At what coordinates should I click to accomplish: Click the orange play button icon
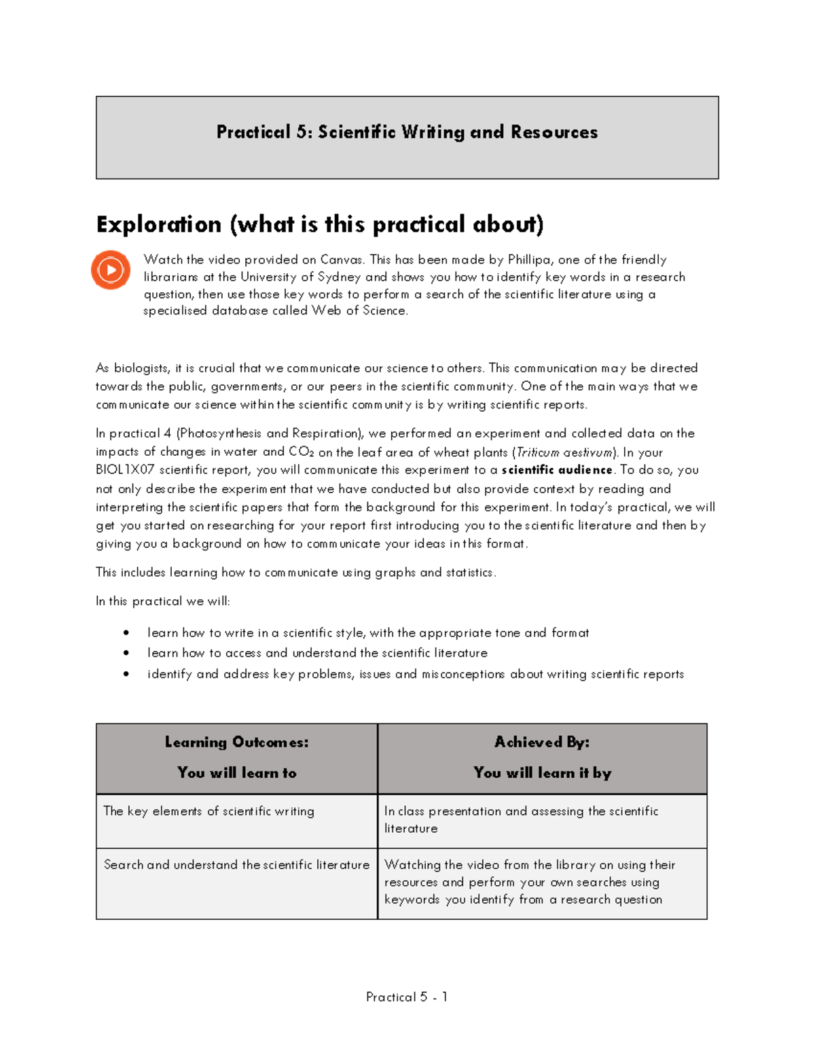click(111, 270)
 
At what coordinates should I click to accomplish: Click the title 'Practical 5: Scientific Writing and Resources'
click(407, 132)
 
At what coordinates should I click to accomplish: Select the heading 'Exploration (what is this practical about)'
click(320, 224)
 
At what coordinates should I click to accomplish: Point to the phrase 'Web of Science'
click(359, 310)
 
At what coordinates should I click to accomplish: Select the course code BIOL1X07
click(126, 470)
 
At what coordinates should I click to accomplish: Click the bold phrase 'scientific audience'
click(557, 470)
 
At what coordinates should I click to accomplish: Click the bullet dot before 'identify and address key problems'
click(126, 674)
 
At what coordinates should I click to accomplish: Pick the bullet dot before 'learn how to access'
click(126, 653)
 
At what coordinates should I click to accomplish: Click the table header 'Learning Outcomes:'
click(236, 742)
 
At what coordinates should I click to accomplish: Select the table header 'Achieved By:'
click(542, 742)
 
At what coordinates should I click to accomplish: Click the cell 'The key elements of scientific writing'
click(209, 811)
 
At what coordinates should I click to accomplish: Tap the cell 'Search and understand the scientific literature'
click(236, 865)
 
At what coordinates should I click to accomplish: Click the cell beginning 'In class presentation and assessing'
click(521, 819)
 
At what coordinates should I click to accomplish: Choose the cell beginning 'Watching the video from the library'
click(530, 882)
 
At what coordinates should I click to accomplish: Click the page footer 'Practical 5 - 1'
click(407, 997)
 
